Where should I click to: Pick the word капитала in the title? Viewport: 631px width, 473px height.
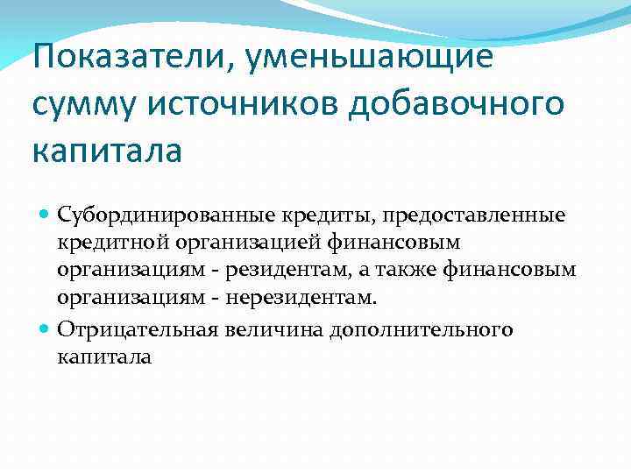107,151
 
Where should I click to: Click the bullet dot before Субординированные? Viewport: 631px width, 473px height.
46,215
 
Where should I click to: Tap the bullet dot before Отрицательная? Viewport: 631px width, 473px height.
46,330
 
